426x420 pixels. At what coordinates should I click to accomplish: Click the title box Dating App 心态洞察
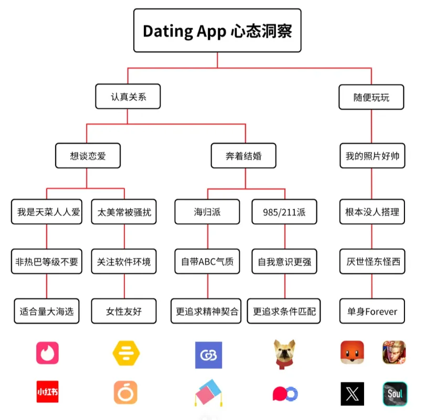pos(217,30)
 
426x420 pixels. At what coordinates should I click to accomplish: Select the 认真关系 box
pos(128,97)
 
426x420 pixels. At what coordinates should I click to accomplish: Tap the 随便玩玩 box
pos(371,97)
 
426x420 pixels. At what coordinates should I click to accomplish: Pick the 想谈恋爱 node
pos(88,155)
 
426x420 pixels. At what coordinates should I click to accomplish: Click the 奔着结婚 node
pos(244,155)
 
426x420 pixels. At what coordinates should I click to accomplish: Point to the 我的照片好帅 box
pos(372,155)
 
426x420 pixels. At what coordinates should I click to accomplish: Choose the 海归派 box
pos(207,212)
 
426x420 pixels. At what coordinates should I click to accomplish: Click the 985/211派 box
pos(284,212)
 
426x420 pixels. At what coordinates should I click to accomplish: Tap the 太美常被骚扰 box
pos(124,212)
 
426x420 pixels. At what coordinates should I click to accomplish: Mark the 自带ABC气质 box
pos(207,261)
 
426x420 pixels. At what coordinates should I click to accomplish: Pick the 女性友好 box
pos(124,311)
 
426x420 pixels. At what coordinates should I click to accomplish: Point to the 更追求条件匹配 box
pos(284,311)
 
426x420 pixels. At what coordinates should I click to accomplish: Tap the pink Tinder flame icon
pos(47,352)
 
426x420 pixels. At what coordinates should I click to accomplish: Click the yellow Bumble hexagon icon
pos(126,352)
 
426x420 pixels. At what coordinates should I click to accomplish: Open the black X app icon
pos(352,393)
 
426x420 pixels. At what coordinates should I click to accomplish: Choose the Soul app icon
pos(395,393)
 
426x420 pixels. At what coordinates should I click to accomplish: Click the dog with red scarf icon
pos(284,353)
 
